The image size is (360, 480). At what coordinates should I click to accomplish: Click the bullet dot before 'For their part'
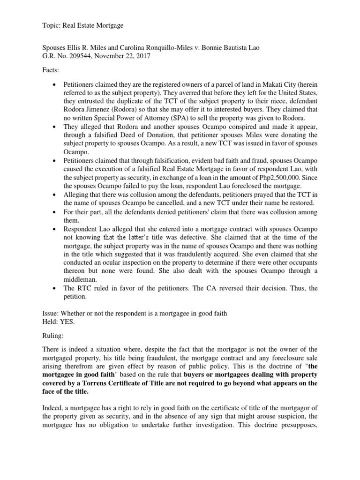[55, 212]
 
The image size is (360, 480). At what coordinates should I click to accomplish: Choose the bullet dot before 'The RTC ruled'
[55, 288]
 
